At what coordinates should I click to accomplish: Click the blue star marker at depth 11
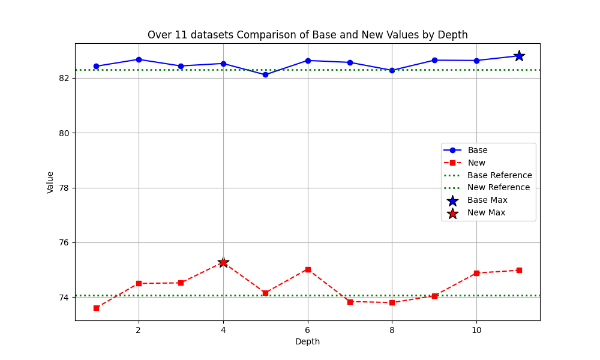[519, 56]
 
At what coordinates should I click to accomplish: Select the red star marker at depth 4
[223, 262]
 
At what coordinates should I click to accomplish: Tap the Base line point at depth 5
[265, 74]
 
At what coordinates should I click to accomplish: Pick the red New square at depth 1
[96, 308]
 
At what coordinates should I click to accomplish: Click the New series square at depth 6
[308, 269]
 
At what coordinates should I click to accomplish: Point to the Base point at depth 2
[139, 59]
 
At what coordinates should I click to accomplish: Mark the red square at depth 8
[392, 302]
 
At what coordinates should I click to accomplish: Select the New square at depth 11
[519, 270]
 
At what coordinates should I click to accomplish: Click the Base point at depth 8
[392, 70]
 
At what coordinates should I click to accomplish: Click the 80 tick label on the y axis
[64, 133]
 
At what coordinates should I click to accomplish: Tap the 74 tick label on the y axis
[64, 298]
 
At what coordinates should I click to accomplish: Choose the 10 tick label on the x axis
[476, 330]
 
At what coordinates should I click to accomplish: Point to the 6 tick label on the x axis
[308, 330]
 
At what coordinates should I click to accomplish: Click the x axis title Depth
[307, 342]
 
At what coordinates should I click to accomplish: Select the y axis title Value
[50, 182]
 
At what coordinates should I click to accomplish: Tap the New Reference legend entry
[499, 187]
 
